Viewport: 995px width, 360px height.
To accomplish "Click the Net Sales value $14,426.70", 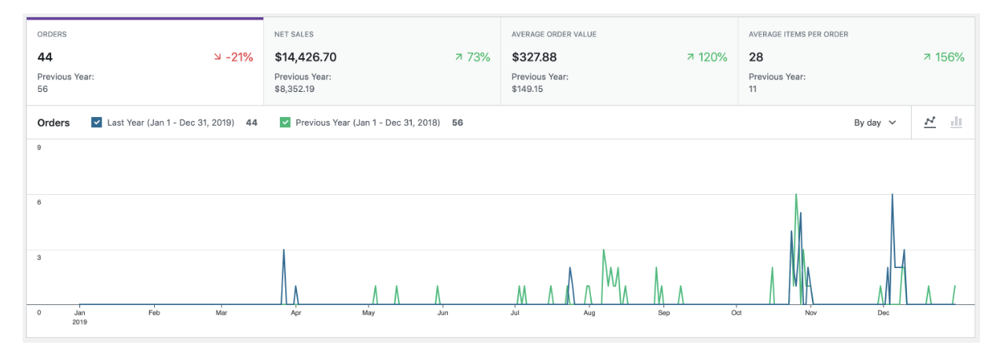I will click(x=306, y=57).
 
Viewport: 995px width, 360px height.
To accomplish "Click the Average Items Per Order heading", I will click(x=798, y=35).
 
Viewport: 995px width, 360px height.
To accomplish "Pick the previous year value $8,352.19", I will click(x=294, y=89).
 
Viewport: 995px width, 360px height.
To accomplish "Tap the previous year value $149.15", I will click(x=527, y=89).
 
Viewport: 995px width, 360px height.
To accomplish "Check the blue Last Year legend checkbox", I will click(x=97, y=123).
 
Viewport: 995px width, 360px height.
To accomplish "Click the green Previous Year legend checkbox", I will click(x=285, y=123).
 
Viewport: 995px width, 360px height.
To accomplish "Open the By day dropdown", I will click(x=875, y=123).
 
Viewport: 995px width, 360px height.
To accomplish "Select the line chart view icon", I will click(x=931, y=123).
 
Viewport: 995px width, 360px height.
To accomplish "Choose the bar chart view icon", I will click(x=956, y=123).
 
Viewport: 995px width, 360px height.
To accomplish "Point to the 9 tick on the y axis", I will click(x=39, y=148).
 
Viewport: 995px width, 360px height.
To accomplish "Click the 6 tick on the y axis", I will click(x=39, y=202).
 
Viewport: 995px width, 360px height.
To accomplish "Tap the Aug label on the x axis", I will click(x=589, y=313).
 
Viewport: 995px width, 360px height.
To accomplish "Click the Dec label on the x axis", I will click(x=883, y=313).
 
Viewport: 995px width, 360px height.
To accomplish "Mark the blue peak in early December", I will click(x=892, y=195).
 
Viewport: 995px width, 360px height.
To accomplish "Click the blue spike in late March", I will click(x=284, y=250).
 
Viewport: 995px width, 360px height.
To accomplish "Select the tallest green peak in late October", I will click(x=796, y=195).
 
